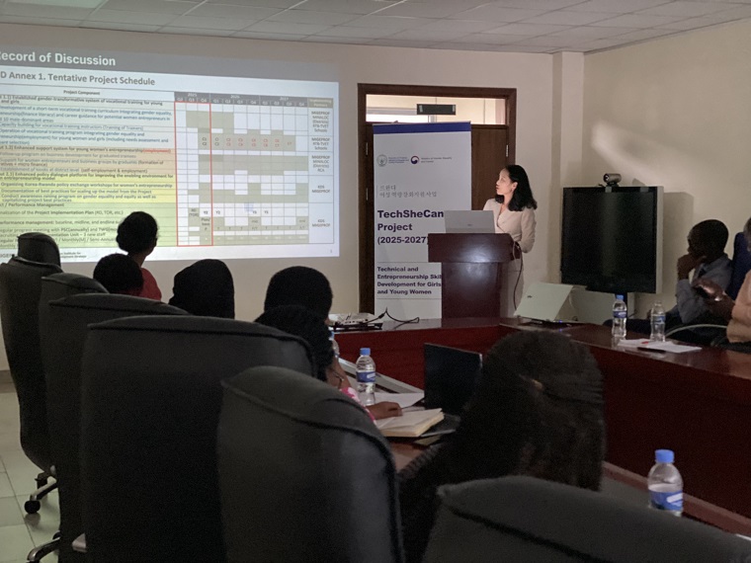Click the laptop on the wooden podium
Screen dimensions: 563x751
[x=469, y=221]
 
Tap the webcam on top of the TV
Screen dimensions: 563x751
[x=611, y=180]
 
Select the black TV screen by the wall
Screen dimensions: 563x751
[x=609, y=239]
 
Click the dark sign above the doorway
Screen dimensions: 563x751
[x=436, y=109]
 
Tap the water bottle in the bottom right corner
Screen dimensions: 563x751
[x=665, y=483]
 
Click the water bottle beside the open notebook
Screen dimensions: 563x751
[x=366, y=375]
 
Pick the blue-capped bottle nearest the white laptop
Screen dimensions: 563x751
[x=619, y=319]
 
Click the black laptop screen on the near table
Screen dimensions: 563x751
[x=451, y=376]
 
